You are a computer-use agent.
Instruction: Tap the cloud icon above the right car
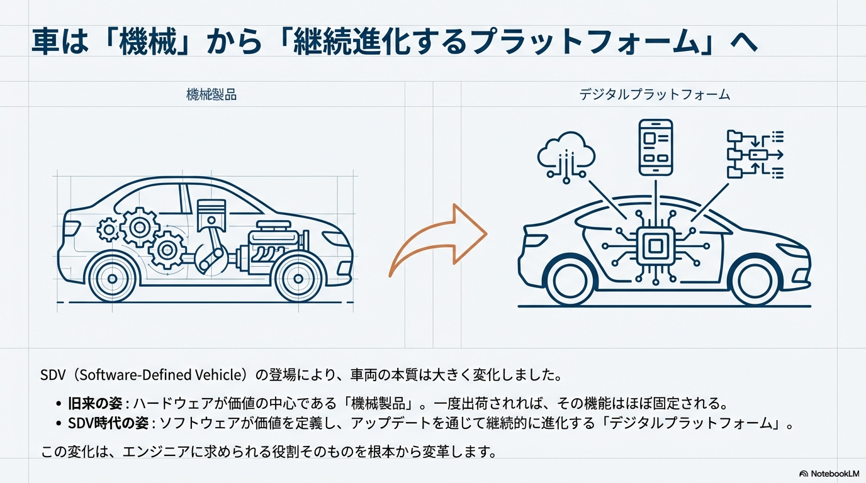pos(566,157)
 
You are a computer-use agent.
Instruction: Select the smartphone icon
pos(656,147)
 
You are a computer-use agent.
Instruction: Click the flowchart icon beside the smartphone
pos(755,155)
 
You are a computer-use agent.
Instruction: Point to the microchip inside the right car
pos(655,246)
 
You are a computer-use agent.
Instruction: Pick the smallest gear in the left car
pos(108,230)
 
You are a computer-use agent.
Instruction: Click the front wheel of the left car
pos(298,279)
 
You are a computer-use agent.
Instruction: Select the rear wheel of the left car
pos(112,279)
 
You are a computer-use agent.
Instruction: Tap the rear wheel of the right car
pos(570,281)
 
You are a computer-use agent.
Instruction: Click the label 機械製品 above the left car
pos(211,95)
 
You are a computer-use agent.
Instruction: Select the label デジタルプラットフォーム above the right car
pos(655,95)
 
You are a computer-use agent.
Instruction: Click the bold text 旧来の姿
pos(95,403)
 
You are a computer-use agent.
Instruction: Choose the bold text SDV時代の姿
pos(108,423)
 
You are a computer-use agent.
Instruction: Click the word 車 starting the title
pos(45,41)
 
